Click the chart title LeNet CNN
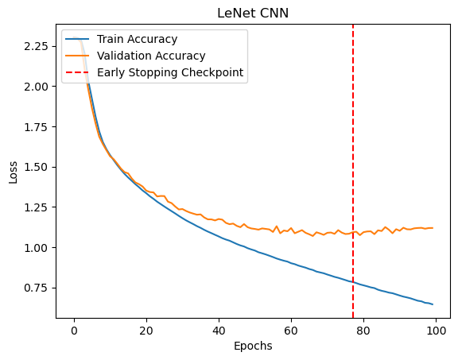tap(253, 14)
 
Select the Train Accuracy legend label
tap(137, 39)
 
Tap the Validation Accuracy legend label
tap(151, 56)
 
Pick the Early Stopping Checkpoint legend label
tap(170, 72)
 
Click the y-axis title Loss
tap(14, 172)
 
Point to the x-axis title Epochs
tap(253, 346)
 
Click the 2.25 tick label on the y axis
tap(36, 46)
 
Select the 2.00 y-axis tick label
tap(36, 87)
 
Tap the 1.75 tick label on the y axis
tap(36, 127)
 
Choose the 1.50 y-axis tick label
tap(36, 168)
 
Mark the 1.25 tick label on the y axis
tap(36, 207)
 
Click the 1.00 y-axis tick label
tap(36, 248)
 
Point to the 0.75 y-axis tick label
tap(36, 288)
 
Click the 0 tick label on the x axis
tap(74, 331)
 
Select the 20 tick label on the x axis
tap(146, 331)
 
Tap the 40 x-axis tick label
tap(219, 331)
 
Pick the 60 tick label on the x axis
tap(291, 331)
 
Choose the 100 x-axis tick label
tap(436, 331)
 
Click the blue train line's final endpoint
tap(433, 304)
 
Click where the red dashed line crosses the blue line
tap(353, 282)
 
